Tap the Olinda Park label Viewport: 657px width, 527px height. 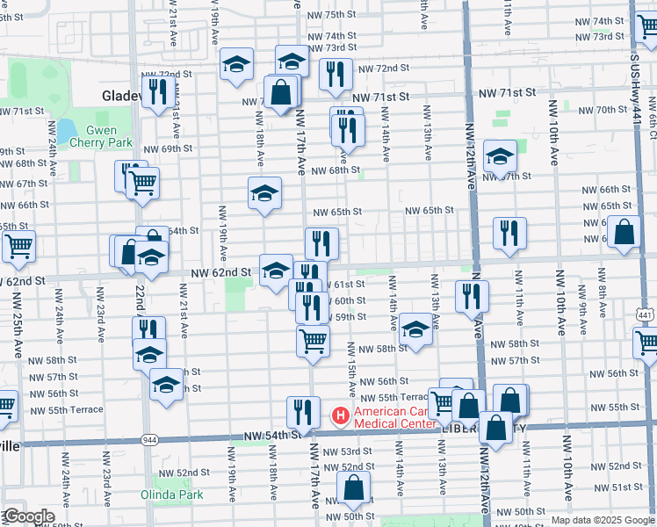point(171,495)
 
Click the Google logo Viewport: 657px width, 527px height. point(28,516)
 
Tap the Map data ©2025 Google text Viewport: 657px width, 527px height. point(603,520)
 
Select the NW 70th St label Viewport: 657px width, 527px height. point(598,110)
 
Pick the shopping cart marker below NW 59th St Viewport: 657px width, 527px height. point(313,339)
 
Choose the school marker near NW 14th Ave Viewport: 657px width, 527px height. point(415,330)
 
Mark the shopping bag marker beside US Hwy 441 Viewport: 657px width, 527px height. point(625,233)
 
